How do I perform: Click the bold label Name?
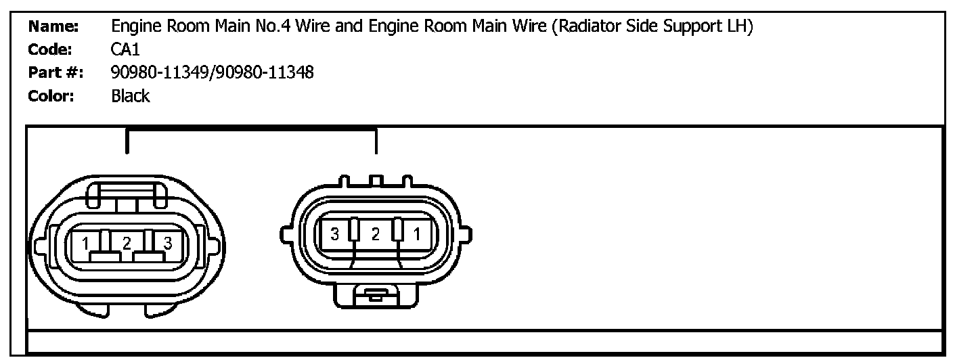coord(53,28)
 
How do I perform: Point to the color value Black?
coord(130,95)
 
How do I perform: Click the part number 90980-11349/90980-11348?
coord(212,72)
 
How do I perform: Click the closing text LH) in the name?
coord(740,28)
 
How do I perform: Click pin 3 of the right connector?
coord(334,235)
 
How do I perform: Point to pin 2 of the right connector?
coord(376,235)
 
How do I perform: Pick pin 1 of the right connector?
coord(417,235)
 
